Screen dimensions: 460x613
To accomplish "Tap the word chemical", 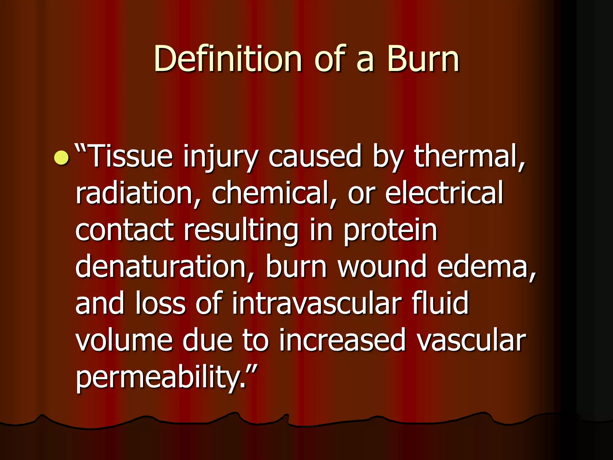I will (271, 193).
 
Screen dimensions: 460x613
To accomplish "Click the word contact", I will (125, 230).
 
